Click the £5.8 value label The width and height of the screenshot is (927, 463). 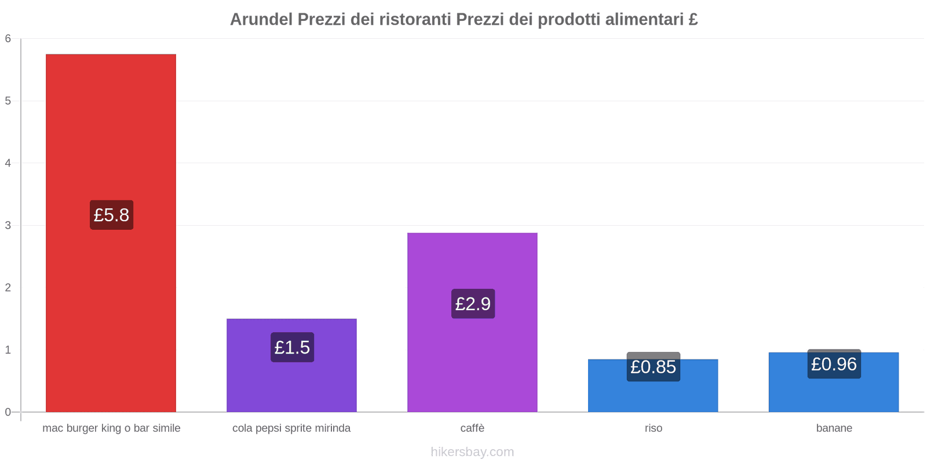pyautogui.click(x=111, y=215)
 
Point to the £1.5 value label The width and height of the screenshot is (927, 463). pyautogui.click(x=292, y=347)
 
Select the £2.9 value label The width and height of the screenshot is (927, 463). pyautogui.click(x=473, y=304)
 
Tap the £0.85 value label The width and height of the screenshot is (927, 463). pyautogui.click(x=653, y=367)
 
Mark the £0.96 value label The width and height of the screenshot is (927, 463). pyautogui.click(x=834, y=364)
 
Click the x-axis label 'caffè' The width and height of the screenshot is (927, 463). pyautogui.click(x=472, y=428)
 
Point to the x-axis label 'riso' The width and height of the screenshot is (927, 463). pyautogui.click(x=653, y=428)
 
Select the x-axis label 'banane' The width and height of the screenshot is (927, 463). pyautogui.click(x=834, y=428)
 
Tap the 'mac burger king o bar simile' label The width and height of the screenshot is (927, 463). pyautogui.click(x=111, y=428)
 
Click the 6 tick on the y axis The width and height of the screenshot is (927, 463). pyautogui.click(x=8, y=39)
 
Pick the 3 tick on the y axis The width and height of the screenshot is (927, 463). pyautogui.click(x=8, y=225)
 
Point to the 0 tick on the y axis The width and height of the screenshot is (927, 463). pyautogui.click(x=8, y=412)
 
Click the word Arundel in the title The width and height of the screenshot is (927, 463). pyautogui.click(x=261, y=20)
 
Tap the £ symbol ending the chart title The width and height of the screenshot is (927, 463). pyautogui.click(x=693, y=20)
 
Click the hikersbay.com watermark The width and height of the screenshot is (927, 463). pyautogui.click(x=472, y=452)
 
